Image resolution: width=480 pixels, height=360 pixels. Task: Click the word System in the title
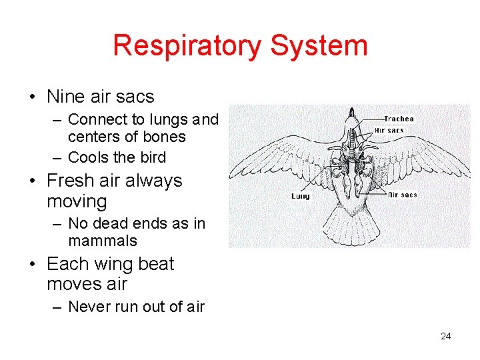(x=319, y=46)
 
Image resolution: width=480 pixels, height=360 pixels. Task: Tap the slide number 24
(x=446, y=336)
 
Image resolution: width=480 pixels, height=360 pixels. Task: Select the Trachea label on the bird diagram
(x=399, y=119)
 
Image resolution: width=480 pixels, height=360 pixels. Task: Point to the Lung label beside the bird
(x=301, y=196)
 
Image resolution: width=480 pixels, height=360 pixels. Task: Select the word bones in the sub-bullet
(x=165, y=137)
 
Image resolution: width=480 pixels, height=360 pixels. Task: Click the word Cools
(x=89, y=157)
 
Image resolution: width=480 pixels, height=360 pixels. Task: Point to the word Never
(x=90, y=307)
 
